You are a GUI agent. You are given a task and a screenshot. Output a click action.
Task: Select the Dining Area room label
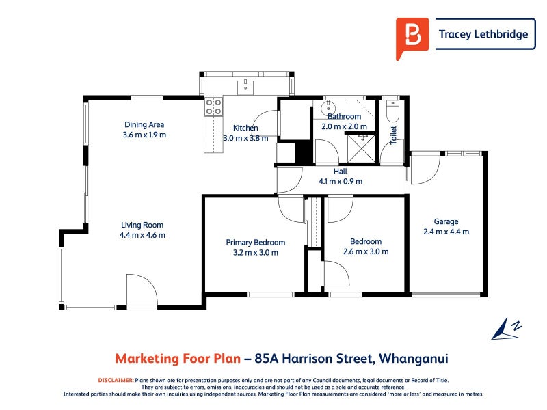click(x=144, y=124)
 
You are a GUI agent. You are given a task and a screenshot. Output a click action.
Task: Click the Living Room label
click(x=142, y=225)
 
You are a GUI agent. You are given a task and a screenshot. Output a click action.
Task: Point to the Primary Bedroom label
click(x=256, y=242)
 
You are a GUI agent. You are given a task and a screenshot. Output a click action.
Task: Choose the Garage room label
click(x=446, y=221)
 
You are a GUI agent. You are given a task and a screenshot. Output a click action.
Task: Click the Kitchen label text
click(x=245, y=128)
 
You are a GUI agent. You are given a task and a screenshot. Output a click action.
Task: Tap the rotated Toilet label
click(x=393, y=134)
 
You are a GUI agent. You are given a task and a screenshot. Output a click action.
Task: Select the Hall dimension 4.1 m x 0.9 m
click(x=341, y=182)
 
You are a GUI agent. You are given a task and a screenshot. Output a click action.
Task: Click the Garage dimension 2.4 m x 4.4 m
click(x=446, y=232)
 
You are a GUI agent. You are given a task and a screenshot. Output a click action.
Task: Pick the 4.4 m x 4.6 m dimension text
click(x=142, y=235)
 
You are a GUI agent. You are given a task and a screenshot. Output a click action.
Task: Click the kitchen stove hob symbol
click(x=213, y=106)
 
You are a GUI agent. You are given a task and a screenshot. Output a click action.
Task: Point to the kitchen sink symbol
click(x=245, y=86)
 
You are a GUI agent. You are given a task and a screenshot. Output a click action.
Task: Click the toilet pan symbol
click(x=392, y=111)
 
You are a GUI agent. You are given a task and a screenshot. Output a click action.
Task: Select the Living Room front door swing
click(x=142, y=290)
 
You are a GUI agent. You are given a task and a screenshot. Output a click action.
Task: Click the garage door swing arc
click(x=424, y=168)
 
